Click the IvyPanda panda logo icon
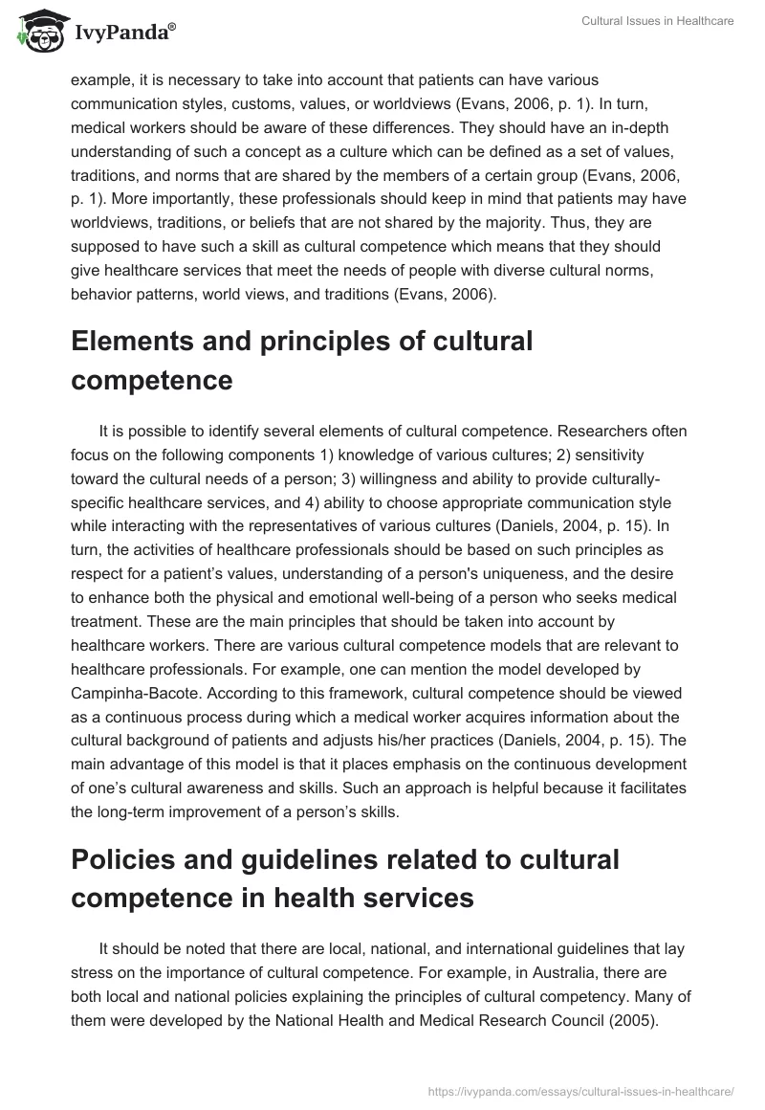tap(36, 30)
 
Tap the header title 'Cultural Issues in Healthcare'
tap(657, 21)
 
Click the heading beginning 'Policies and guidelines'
tap(344, 879)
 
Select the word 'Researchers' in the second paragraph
tap(566, 431)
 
